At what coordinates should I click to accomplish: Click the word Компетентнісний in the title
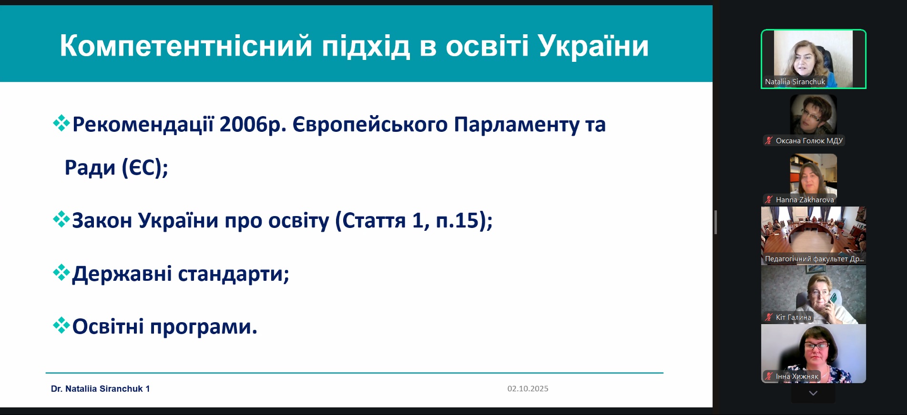coord(186,46)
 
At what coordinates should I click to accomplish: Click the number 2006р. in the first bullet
coord(253,125)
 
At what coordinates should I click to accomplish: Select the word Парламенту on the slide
coord(516,125)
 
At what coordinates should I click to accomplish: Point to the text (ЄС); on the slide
coord(145,168)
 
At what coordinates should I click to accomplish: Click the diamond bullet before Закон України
coord(61,219)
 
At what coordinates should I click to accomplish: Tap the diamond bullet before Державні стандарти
coord(61,273)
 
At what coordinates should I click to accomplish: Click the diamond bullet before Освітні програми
coord(61,326)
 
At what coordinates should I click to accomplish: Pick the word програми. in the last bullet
coord(204,327)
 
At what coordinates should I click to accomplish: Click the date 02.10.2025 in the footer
coord(528,389)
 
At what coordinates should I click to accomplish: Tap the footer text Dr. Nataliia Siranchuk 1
coord(101,389)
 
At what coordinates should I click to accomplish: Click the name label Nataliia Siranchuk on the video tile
coord(795,82)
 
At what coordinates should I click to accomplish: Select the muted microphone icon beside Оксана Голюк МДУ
coord(769,140)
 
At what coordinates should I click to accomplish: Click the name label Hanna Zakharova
coord(805,200)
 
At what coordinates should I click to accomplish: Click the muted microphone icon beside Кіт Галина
coord(769,317)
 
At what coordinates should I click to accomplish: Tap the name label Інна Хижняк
coord(797,376)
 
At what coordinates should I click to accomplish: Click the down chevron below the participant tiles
coord(813,393)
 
